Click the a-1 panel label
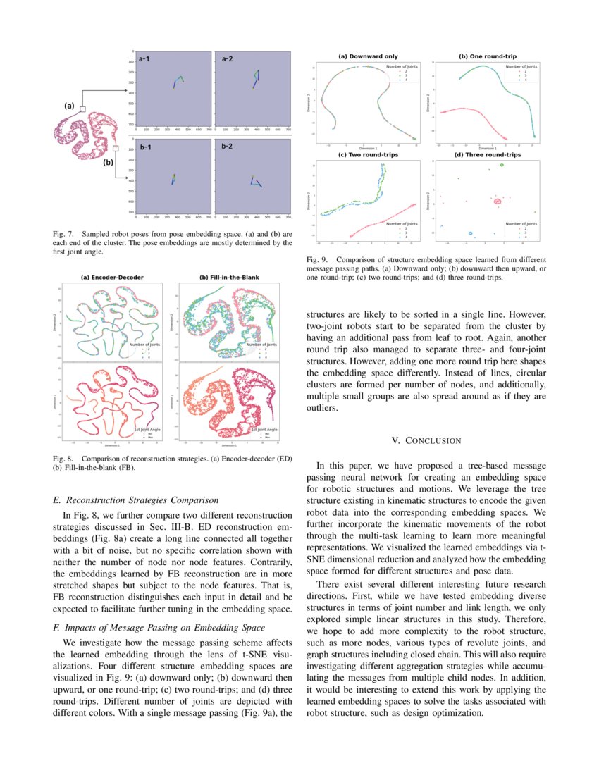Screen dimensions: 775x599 coord(144,59)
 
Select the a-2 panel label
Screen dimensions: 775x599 coord(228,59)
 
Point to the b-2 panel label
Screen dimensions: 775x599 coord(228,147)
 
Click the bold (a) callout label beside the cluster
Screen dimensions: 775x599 coord(69,106)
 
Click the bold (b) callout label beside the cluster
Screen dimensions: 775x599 coord(108,162)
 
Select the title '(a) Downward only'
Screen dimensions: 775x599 coord(368,56)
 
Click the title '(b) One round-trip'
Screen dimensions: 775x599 coord(487,56)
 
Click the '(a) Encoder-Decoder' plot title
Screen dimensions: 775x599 coord(113,277)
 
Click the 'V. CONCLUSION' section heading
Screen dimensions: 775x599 coord(426,440)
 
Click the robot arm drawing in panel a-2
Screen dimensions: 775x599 coord(256,78)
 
